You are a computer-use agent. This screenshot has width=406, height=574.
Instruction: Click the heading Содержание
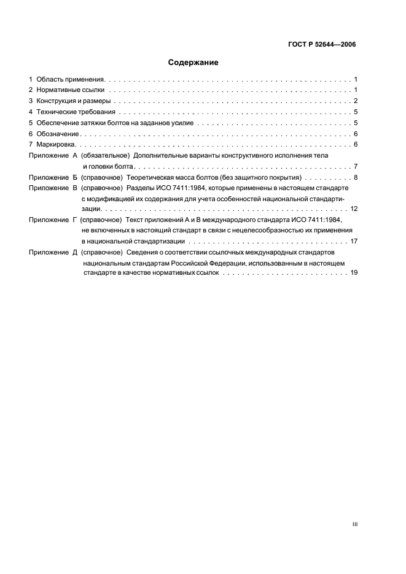pyautogui.click(x=193, y=63)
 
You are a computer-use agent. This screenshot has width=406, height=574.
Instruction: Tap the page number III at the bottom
pyautogui.click(x=354, y=524)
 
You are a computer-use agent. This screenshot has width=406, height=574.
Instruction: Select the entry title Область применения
pyautogui.click(x=71, y=80)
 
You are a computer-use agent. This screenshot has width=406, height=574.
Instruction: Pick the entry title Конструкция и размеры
pyautogui.click(x=74, y=101)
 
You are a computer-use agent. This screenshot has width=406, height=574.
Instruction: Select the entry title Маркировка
pyautogui.click(x=58, y=145)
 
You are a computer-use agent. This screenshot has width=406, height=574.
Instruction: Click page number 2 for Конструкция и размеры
pyautogui.click(x=356, y=101)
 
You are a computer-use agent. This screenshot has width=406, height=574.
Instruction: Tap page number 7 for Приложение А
pyautogui.click(x=356, y=167)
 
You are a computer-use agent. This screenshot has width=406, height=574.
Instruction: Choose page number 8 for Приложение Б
pyautogui.click(x=356, y=177)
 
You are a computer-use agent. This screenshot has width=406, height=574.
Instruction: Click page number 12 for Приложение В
pyautogui.click(x=354, y=209)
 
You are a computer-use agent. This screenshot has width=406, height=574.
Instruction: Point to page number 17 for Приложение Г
pyautogui.click(x=354, y=241)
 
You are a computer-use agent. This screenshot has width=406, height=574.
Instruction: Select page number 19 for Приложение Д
pyautogui.click(x=354, y=273)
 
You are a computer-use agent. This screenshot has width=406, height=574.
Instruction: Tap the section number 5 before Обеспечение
pyautogui.click(x=31, y=123)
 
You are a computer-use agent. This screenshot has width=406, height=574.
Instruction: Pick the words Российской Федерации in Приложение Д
pyautogui.click(x=205, y=262)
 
